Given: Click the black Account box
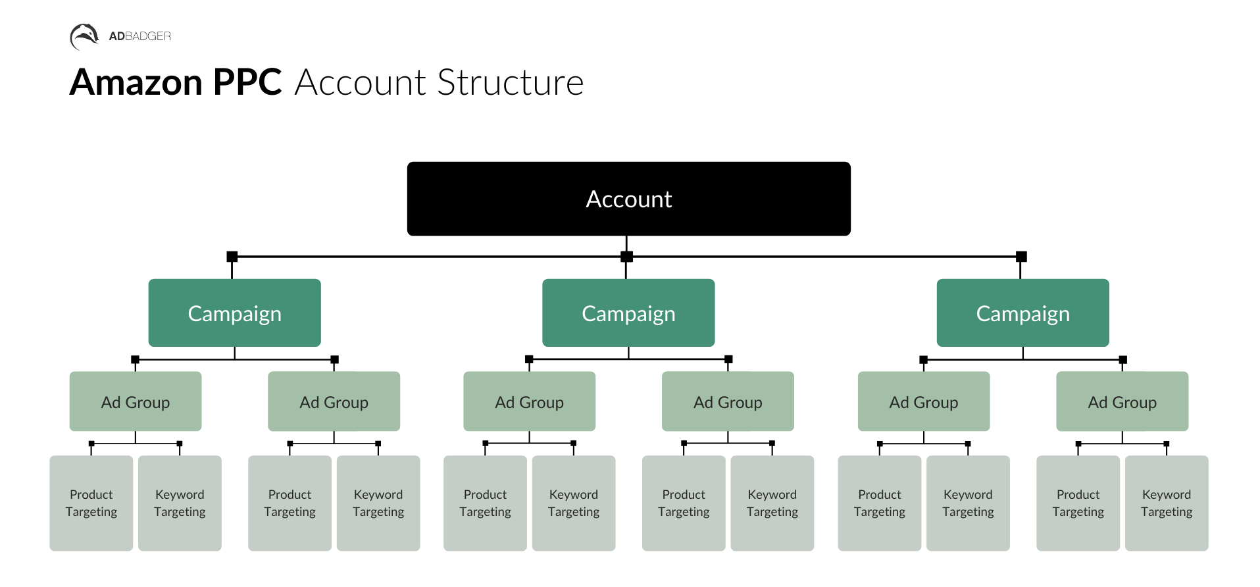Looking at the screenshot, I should [x=628, y=199].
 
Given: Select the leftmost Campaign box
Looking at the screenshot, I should [x=234, y=313].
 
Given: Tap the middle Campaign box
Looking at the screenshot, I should [x=628, y=313].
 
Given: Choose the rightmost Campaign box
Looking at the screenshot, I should [x=1022, y=313].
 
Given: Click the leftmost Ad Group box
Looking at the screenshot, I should [x=136, y=401].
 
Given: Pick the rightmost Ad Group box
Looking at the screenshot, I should [x=1122, y=401].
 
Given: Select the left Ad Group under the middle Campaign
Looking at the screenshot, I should [x=529, y=401].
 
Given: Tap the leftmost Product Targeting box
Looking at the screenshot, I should [x=91, y=503].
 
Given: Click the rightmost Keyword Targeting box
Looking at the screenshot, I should [x=1166, y=503].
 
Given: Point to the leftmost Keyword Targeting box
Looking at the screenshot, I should [x=180, y=503].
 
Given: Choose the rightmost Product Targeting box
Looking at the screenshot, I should [x=1078, y=503].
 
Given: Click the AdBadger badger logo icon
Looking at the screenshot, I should [x=84, y=36].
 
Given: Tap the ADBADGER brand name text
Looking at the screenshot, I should [x=139, y=36].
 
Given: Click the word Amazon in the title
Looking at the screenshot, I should [x=136, y=83].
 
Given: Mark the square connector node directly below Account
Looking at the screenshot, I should [x=626, y=257].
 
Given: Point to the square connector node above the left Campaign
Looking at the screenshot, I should [x=232, y=257].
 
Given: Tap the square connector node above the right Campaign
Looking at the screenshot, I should [x=1021, y=257].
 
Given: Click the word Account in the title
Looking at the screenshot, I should [x=361, y=83].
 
